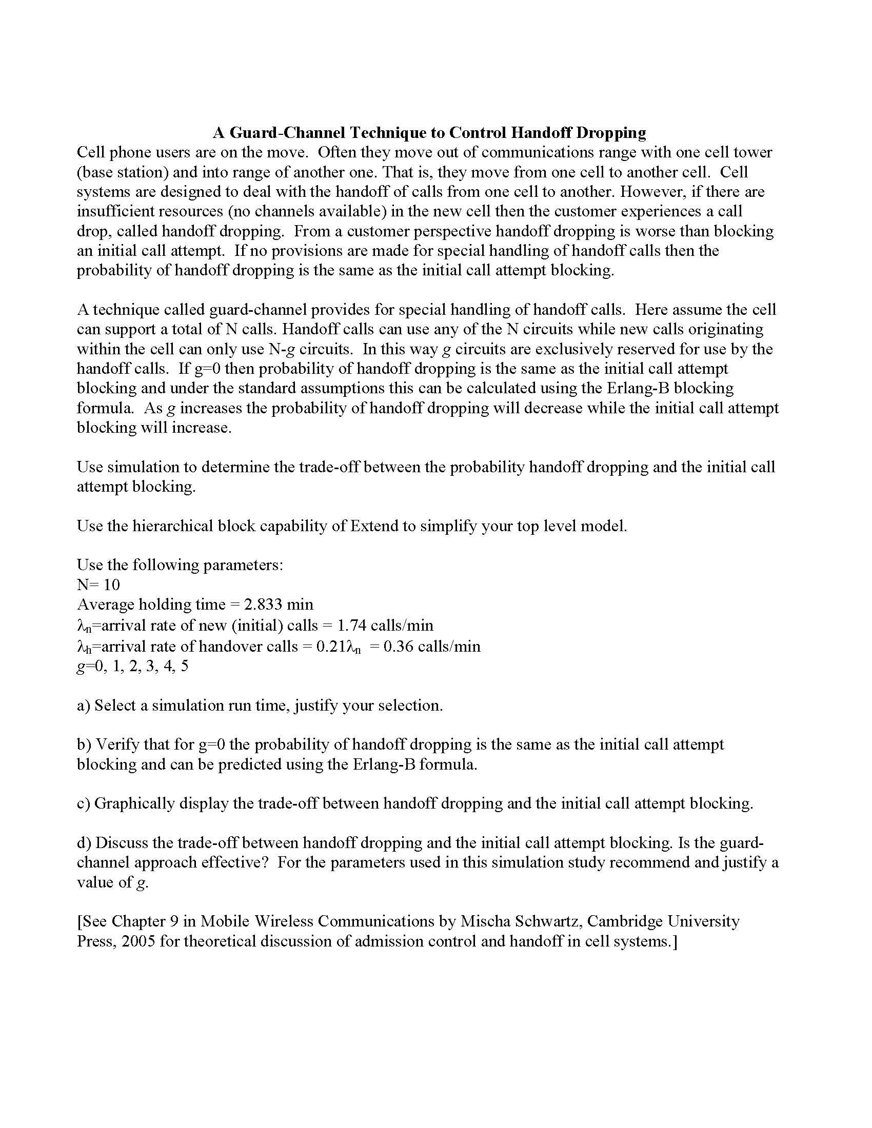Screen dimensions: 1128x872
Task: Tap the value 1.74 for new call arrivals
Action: pos(352,626)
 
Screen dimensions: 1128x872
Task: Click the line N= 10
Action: pos(98,585)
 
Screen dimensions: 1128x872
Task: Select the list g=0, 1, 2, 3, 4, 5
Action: pos(132,666)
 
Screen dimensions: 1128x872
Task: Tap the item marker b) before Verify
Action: pos(84,745)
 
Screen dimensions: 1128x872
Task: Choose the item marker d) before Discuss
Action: pos(84,843)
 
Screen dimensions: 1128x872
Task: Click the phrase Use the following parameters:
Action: pos(180,565)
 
